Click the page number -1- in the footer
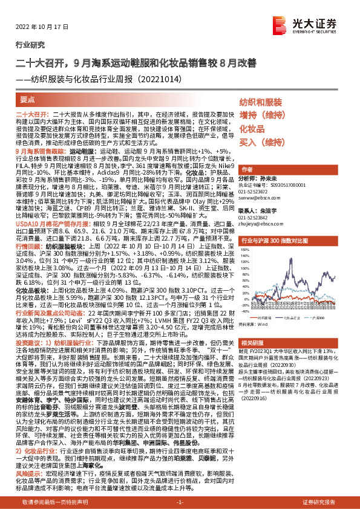pyautogui.click(x=180, y=502)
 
